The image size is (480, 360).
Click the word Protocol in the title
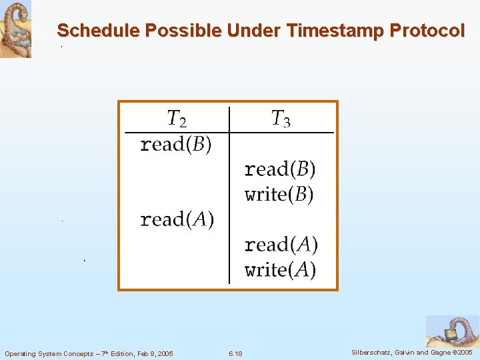[x=427, y=31]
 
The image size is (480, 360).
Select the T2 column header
[x=177, y=119]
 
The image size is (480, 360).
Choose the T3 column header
[x=281, y=119]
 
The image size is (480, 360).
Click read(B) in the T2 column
[x=175, y=145]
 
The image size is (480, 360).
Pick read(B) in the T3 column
[x=280, y=169]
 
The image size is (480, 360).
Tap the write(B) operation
[x=279, y=195]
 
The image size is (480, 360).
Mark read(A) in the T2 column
[x=177, y=219]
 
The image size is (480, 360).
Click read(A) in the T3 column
[x=281, y=245]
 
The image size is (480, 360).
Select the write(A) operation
[x=280, y=270]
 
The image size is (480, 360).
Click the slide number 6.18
[x=235, y=353]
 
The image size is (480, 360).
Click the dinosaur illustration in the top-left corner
[x=15, y=29]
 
